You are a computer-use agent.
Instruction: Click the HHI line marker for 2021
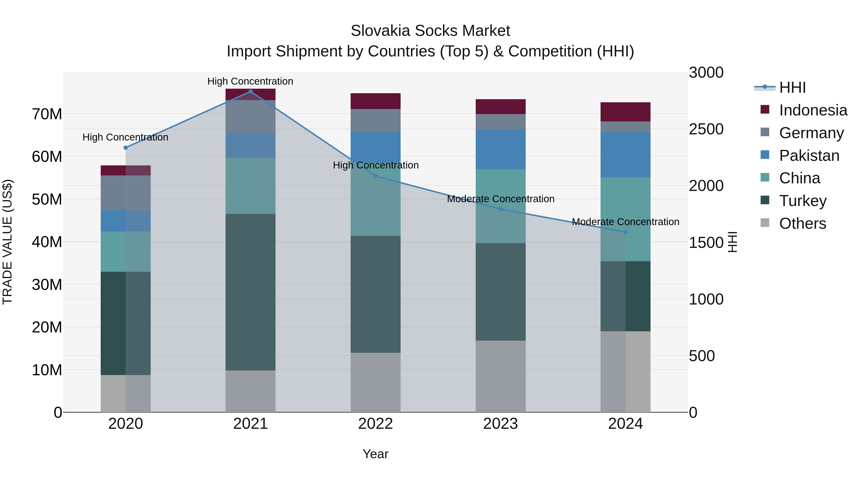[250, 92]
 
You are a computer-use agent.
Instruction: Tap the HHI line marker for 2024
[625, 232]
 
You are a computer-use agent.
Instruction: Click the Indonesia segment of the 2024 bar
[625, 112]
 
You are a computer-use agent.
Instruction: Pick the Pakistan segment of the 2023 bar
[500, 149]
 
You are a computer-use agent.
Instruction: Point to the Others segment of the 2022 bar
[375, 382]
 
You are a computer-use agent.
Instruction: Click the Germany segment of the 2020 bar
[125, 193]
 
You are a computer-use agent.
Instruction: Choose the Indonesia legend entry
[813, 110]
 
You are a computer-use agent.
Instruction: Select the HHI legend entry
[792, 87]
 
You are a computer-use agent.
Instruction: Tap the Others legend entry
[802, 223]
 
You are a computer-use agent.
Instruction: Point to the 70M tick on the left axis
[47, 114]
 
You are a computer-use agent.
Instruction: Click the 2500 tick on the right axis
[706, 129]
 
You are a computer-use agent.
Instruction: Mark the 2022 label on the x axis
[375, 424]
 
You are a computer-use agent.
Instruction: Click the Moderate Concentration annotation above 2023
[500, 199]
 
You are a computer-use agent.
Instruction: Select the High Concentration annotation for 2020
[125, 137]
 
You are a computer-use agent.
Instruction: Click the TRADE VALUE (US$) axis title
[7, 242]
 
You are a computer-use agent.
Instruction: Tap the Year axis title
[375, 454]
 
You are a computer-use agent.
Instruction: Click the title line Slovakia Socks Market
[430, 31]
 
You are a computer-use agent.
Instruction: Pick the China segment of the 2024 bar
[625, 219]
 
